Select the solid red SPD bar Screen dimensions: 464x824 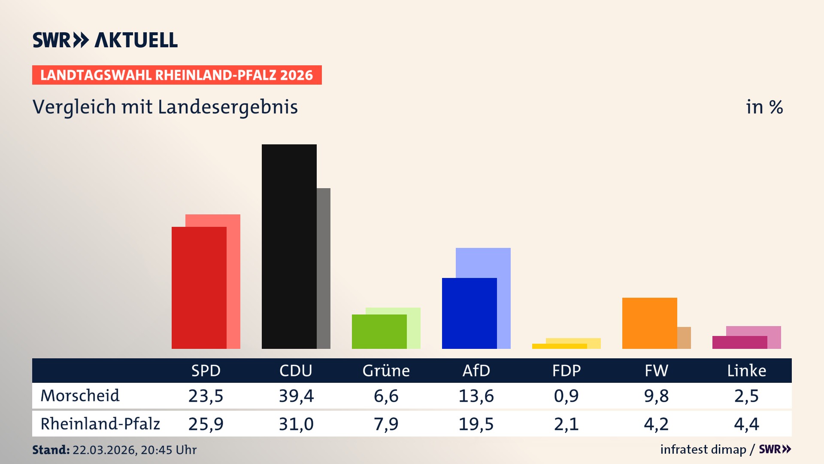(x=199, y=287)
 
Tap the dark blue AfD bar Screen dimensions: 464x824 (x=469, y=313)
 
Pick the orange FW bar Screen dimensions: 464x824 (x=649, y=323)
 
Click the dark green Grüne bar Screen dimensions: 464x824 (x=379, y=331)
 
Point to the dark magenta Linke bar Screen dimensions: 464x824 (x=739, y=342)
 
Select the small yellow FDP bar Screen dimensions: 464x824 (x=559, y=346)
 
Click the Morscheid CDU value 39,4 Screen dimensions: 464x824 (x=296, y=396)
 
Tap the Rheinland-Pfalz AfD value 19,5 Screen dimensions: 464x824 (x=476, y=424)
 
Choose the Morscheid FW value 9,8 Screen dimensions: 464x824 (x=656, y=396)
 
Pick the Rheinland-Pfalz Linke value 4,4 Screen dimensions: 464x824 (x=746, y=424)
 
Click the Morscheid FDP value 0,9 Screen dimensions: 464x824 (x=566, y=396)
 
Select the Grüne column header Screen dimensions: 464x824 (x=386, y=370)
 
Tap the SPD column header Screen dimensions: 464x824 (x=206, y=370)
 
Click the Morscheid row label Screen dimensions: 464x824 (x=80, y=396)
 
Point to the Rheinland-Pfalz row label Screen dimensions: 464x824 (x=100, y=424)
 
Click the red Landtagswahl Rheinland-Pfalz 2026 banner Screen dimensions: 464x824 (x=177, y=75)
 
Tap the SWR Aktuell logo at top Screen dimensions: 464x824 (x=105, y=40)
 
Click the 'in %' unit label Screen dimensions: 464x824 (x=764, y=107)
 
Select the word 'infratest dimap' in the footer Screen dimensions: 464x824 (x=703, y=449)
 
